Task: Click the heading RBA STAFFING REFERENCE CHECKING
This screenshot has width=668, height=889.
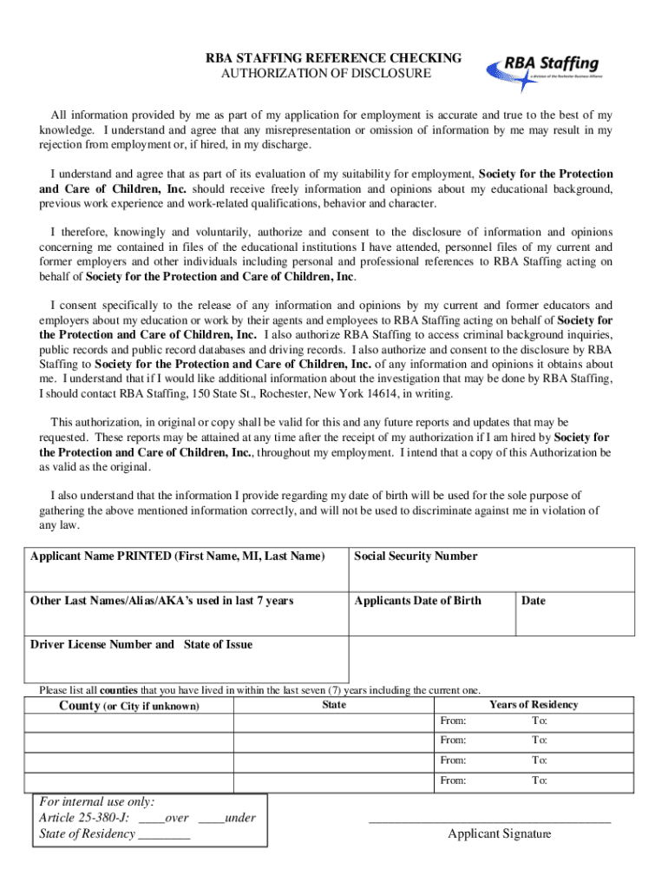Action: (x=333, y=58)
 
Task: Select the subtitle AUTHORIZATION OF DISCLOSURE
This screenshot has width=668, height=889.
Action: (x=326, y=74)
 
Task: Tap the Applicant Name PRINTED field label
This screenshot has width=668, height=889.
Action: (x=177, y=556)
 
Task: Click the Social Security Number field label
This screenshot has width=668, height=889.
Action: (x=416, y=556)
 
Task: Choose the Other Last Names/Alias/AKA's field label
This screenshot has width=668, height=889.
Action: (x=161, y=600)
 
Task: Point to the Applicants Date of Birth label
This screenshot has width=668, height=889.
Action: (x=417, y=600)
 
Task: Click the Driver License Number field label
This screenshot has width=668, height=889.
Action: (x=141, y=644)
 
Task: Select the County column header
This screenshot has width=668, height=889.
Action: (x=128, y=706)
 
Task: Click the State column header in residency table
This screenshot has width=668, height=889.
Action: (x=334, y=705)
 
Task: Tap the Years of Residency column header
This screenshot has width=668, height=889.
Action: (x=534, y=705)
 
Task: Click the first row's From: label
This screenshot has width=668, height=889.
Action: (x=453, y=721)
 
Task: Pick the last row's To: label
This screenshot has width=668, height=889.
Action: (x=540, y=780)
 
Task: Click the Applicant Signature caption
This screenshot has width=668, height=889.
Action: (x=499, y=834)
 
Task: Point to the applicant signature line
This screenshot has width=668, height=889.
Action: (x=490, y=820)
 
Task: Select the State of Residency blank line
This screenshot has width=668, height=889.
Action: (x=164, y=835)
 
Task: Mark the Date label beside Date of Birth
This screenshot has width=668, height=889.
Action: (x=534, y=600)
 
